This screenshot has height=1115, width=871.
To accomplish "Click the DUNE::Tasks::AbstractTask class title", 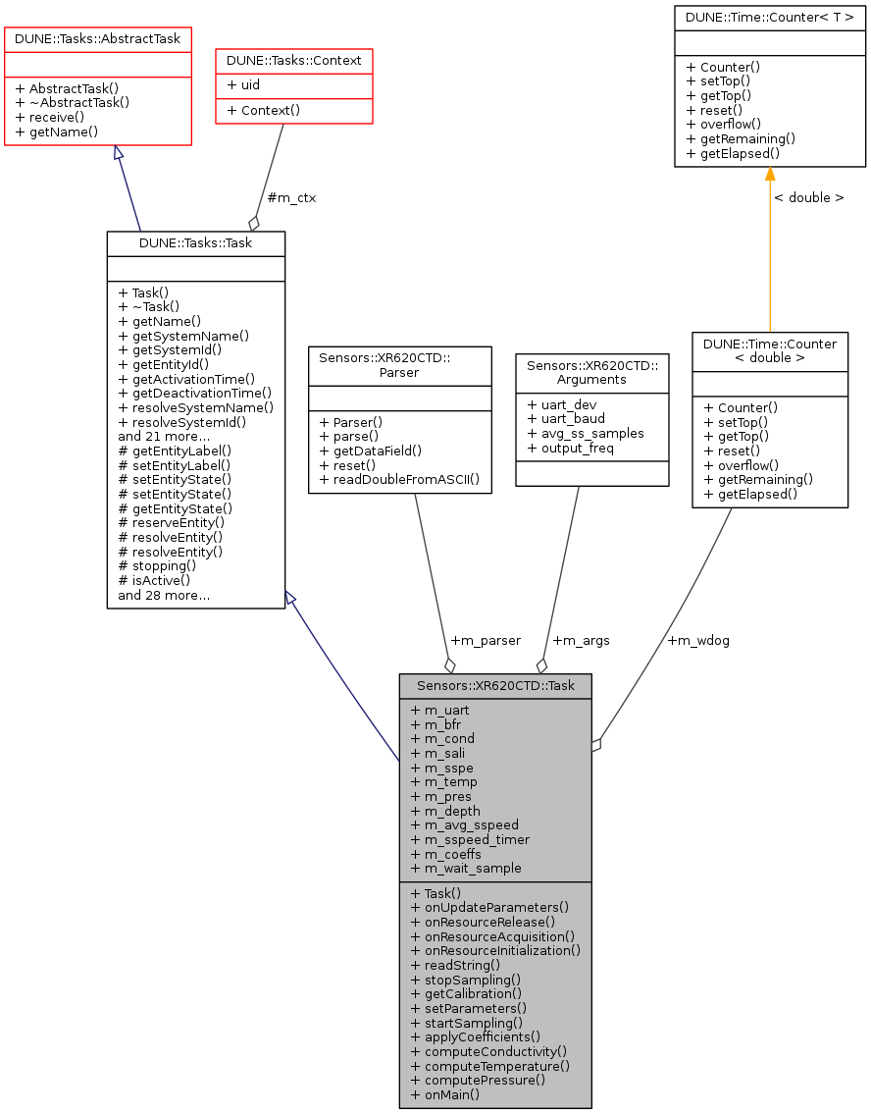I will (x=98, y=39).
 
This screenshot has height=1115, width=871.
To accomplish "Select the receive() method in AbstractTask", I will (x=49, y=117).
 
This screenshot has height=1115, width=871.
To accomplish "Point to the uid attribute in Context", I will (x=243, y=85).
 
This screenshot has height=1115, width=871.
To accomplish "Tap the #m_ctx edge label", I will (x=291, y=197).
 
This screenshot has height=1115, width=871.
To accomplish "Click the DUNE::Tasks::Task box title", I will (x=196, y=243).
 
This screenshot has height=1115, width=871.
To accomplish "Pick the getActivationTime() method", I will (x=186, y=379).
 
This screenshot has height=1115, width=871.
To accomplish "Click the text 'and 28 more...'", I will (x=164, y=595).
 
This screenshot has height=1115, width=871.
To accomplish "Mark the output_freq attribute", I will (x=571, y=449).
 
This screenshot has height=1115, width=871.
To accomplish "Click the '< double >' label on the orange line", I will (x=808, y=197).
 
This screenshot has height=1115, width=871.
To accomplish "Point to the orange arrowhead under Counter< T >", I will (x=770, y=175).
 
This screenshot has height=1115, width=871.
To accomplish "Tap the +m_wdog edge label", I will (x=698, y=640).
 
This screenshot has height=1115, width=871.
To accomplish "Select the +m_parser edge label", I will (x=486, y=640).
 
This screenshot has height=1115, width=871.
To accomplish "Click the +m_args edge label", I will (x=581, y=640).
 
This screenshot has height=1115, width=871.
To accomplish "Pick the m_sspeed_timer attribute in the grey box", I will (x=470, y=839).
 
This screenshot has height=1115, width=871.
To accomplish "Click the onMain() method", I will (x=445, y=1094).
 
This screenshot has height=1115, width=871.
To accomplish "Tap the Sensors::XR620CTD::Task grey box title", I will (x=495, y=686).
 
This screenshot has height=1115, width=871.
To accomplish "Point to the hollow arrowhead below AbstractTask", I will (x=119, y=153).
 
